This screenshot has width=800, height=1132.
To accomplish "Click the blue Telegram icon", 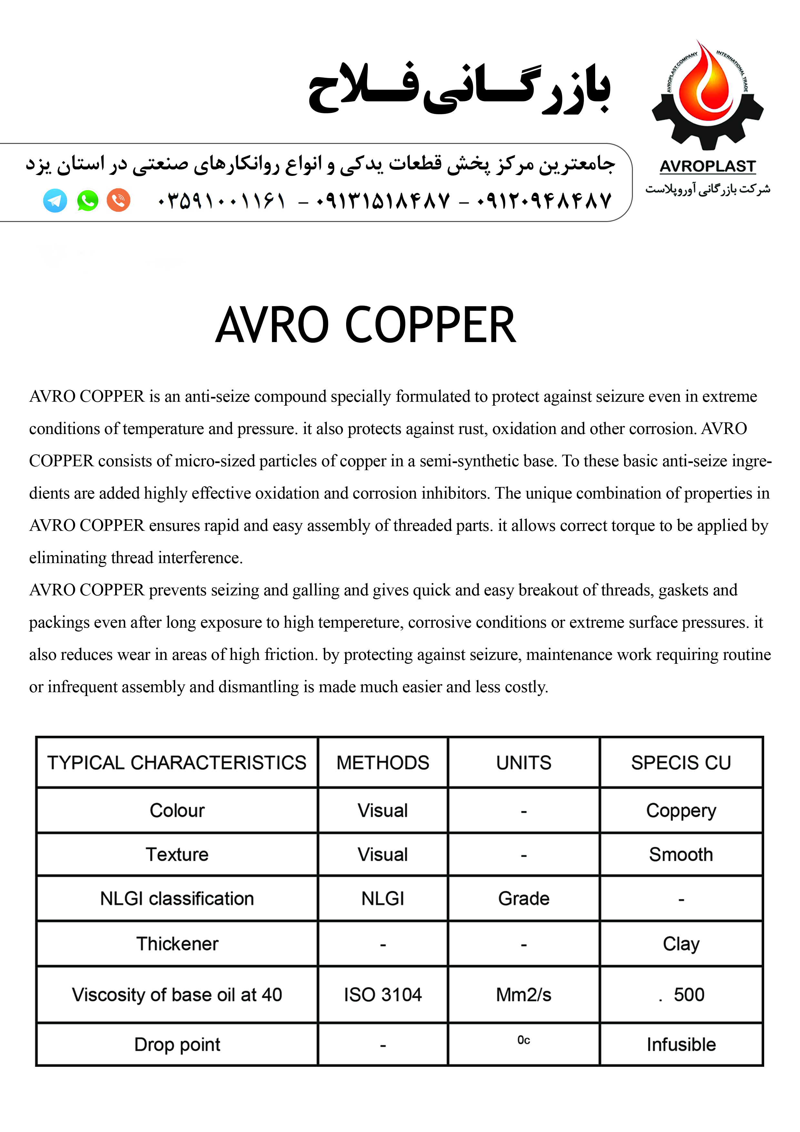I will click(x=55, y=201).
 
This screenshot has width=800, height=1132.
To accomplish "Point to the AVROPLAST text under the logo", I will click(x=707, y=167).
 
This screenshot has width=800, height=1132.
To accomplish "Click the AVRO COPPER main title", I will click(x=366, y=325).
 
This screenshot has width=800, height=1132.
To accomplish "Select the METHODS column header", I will click(x=383, y=763).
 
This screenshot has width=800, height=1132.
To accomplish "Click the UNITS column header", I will click(x=524, y=763).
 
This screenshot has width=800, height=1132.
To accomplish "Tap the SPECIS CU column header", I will click(x=681, y=763).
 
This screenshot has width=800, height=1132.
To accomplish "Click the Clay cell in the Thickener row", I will click(x=681, y=944).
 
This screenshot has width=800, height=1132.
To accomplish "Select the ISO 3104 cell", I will click(x=383, y=995).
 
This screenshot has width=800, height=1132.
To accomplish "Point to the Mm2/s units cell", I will click(x=524, y=995).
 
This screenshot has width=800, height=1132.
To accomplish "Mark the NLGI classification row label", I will click(x=177, y=899).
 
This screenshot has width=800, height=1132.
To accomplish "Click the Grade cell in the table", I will click(x=524, y=899).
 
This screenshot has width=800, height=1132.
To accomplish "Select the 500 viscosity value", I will click(x=689, y=995).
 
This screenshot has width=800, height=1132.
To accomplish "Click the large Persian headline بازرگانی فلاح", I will click(x=459, y=89).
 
